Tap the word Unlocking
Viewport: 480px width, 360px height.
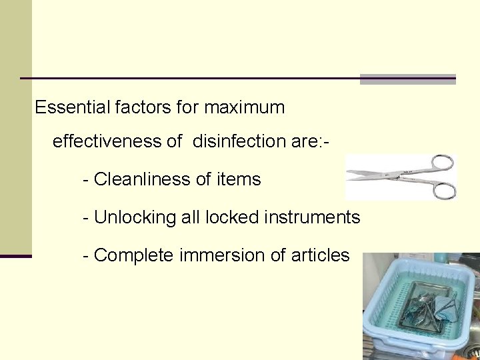click(130, 217)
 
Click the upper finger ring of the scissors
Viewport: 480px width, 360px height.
click(443, 163)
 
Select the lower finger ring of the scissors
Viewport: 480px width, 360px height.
click(443, 190)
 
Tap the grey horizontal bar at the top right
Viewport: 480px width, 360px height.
click(407, 79)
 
